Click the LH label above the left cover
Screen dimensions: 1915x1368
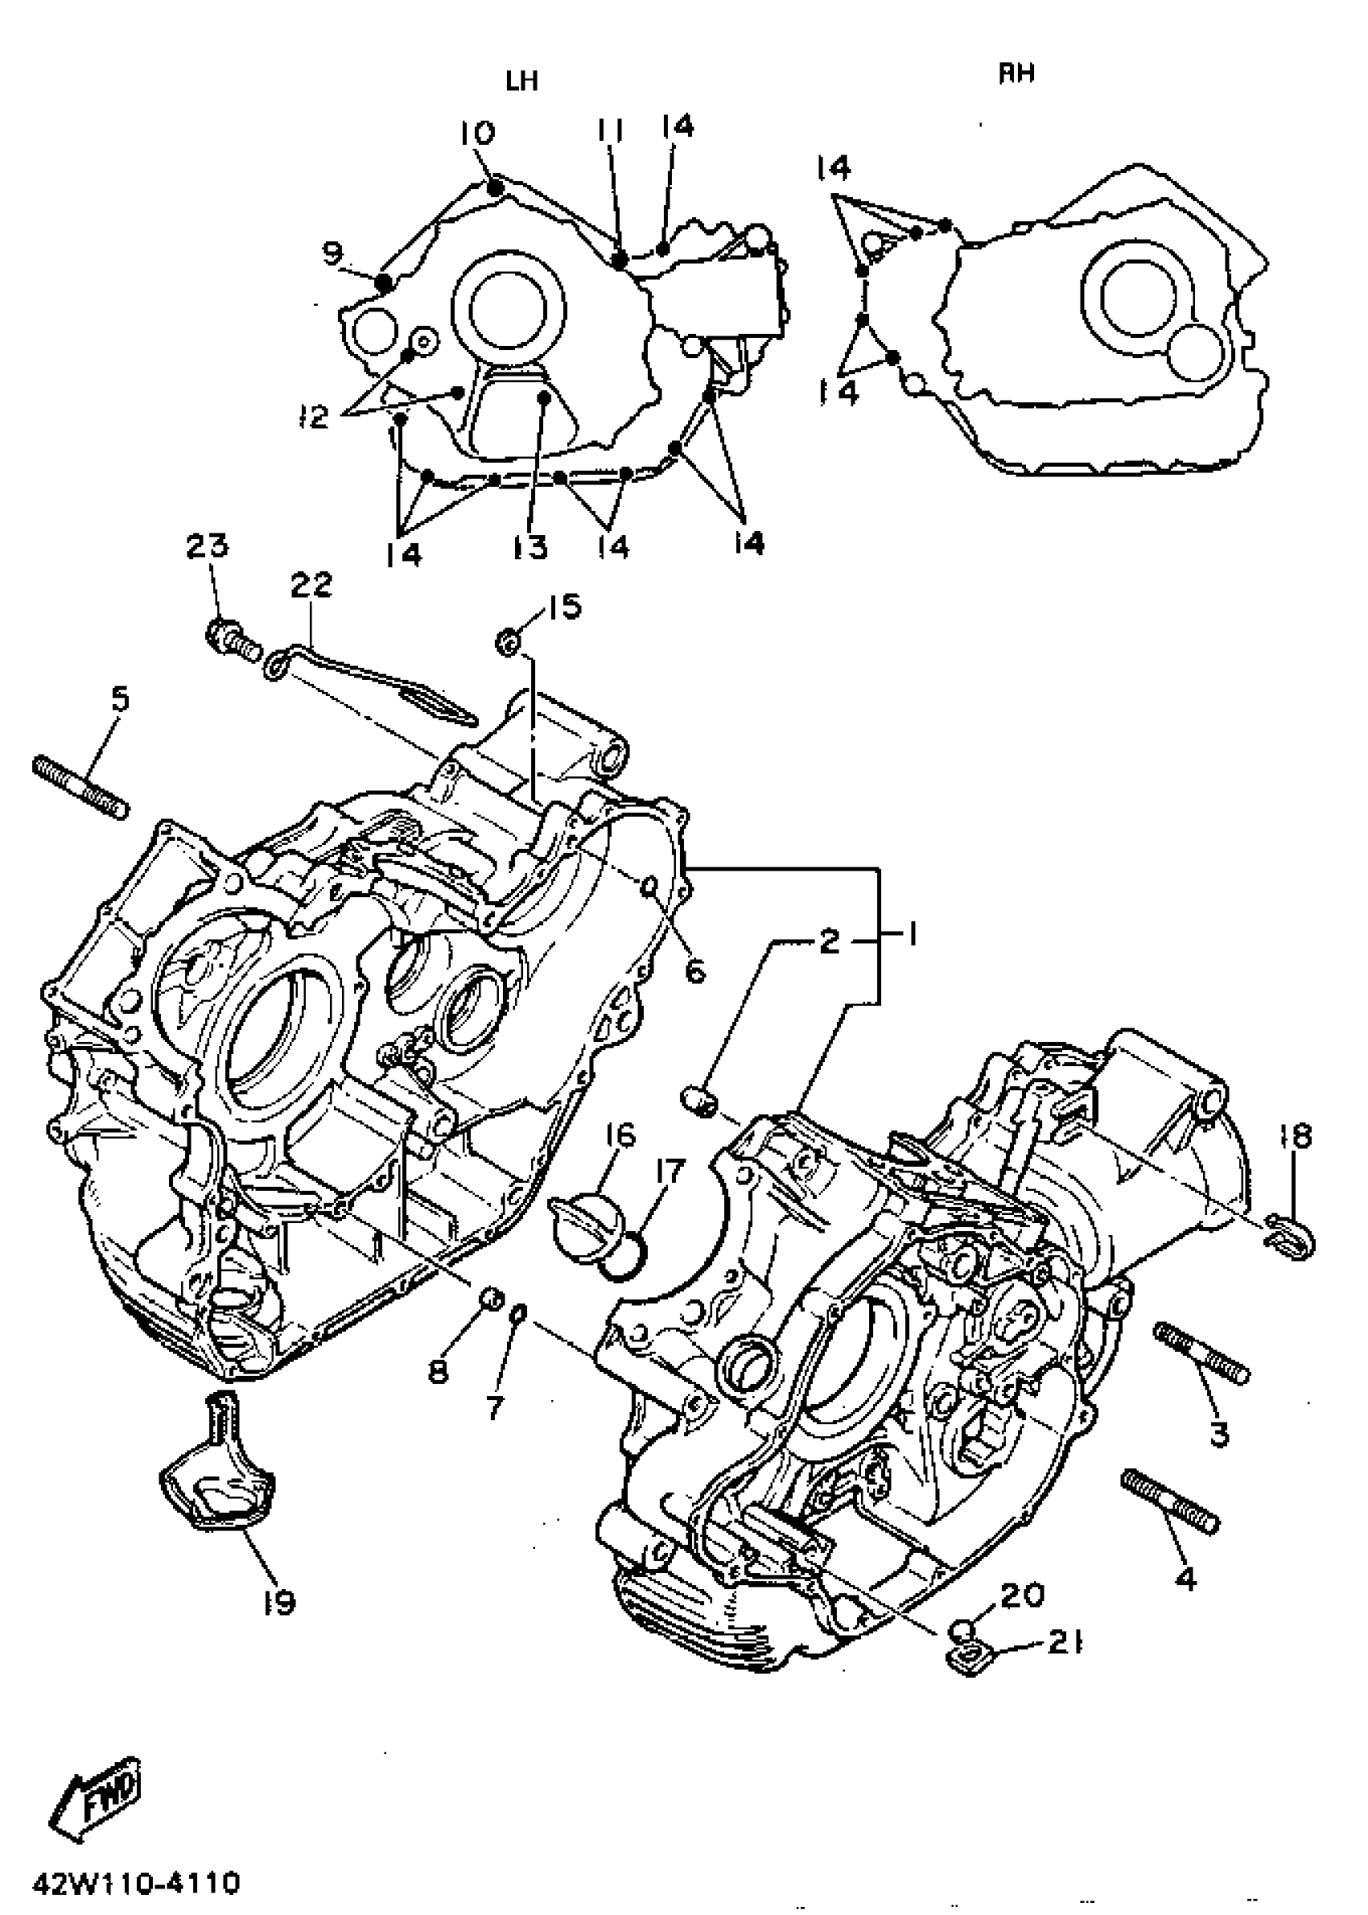tap(521, 80)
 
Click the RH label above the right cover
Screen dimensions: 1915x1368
tap(1016, 74)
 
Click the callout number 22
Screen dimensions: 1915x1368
tap(311, 584)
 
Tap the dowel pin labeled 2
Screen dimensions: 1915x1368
tap(698, 1101)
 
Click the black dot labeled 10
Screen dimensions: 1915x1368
tap(496, 187)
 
